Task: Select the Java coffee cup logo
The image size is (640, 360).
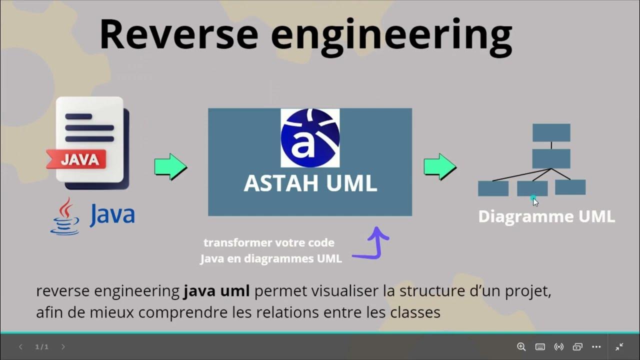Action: (x=65, y=216)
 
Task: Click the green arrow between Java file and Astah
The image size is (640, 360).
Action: (x=170, y=166)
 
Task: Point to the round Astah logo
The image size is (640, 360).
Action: (x=310, y=138)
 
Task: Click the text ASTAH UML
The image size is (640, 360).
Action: (x=310, y=183)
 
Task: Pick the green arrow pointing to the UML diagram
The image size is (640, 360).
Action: (x=439, y=166)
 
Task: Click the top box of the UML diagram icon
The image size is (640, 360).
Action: (x=551, y=132)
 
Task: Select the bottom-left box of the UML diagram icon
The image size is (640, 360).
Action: (x=493, y=188)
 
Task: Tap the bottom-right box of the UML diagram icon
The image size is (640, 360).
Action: (x=570, y=187)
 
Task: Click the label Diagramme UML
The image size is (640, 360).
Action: (x=546, y=216)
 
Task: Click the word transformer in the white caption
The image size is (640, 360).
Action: (x=232, y=243)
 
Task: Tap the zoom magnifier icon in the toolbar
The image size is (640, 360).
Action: (x=521, y=346)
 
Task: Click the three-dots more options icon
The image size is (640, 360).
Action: (x=596, y=346)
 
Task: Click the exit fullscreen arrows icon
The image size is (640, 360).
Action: (x=619, y=346)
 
